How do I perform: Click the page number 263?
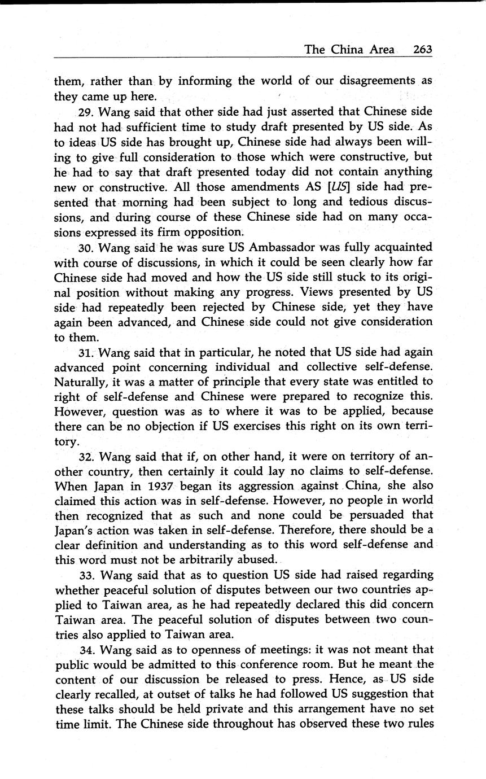422,49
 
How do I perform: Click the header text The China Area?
349,49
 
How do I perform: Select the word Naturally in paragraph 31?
80,381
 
